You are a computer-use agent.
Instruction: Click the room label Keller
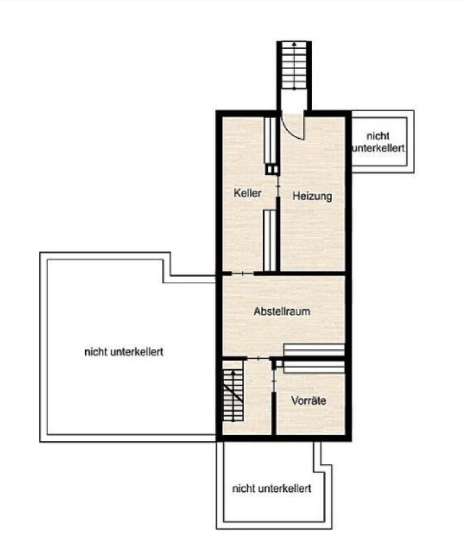coord(248,193)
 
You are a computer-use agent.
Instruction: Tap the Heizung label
coord(313,196)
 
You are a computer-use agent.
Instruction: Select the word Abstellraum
coord(282,311)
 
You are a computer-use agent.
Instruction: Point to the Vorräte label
coord(308,401)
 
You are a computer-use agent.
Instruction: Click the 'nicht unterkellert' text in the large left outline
coord(124,352)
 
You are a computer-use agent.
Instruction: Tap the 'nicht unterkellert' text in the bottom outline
coord(271,489)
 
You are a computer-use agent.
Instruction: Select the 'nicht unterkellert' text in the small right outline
coord(379,142)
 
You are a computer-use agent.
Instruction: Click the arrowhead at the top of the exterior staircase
coord(294,44)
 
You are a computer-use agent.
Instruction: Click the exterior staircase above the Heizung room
coord(294,66)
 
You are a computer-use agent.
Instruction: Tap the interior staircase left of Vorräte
coord(233,396)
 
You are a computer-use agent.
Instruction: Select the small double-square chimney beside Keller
coord(272,170)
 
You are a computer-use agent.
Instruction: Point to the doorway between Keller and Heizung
coord(278,186)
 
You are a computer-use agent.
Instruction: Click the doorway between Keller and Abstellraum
coord(243,273)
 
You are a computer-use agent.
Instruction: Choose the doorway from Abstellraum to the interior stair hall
coord(258,358)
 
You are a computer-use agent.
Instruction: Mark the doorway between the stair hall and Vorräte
coord(274,381)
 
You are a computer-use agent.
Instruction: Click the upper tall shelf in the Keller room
coord(270,140)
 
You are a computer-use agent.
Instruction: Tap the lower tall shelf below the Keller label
coord(269,241)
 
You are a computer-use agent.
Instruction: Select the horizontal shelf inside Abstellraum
coord(314,350)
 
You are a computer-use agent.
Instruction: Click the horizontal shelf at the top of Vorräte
coord(314,366)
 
